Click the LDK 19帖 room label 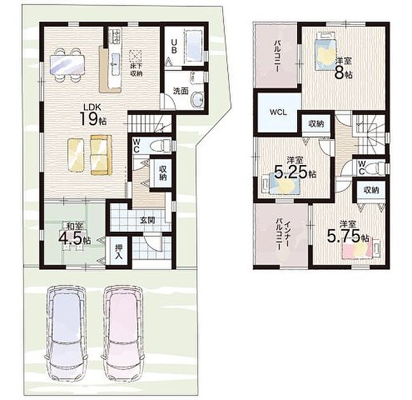coord(93,115)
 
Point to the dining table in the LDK coord(67,64)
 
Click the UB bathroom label coord(174,46)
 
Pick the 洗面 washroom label coord(181,91)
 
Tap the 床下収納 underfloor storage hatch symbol coord(136,57)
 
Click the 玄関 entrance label coord(147,220)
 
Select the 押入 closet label coord(119,251)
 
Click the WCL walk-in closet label coord(278,112)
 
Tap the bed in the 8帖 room coord(325,51)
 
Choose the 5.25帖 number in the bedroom coord(291,173)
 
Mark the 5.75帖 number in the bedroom coord(343,236)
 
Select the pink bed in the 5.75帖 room coord(357,250)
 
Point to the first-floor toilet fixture coord(161,144)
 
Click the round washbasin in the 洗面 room coord(197,100)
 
